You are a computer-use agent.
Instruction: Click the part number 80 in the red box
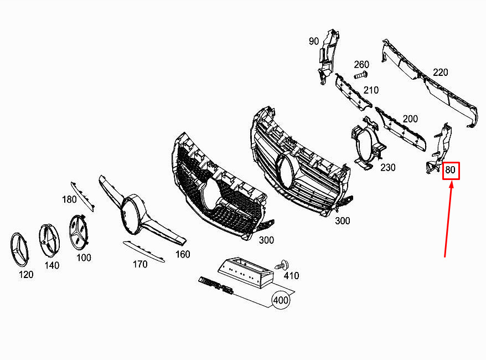click(x=451, y=170)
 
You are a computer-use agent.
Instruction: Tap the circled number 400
click(x=281, y=300)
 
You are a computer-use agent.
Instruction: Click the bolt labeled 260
click(x=360, y=75)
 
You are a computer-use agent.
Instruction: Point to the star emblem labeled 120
click(x=19, y=249)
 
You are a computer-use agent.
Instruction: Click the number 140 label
click(x=52, y=265)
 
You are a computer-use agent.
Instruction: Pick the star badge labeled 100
click(x=79, y=232)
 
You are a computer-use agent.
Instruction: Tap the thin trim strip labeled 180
click(x=82, y=196)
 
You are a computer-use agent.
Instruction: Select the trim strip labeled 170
click(x=144, y=251)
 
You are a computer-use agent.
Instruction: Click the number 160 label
click(x=183, y=254)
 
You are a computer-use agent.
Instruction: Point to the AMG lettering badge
click(x=216, y=285)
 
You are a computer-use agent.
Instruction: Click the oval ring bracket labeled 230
click(x=368, y=143)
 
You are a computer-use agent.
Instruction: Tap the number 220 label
click(x=441, y=72)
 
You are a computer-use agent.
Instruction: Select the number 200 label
click(x=410, y=119)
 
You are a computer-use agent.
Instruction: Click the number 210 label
click(x=371, y=90)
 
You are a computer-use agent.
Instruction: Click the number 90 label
click(x=314, y=41)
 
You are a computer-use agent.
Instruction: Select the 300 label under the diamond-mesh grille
click(x=266, y=240)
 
